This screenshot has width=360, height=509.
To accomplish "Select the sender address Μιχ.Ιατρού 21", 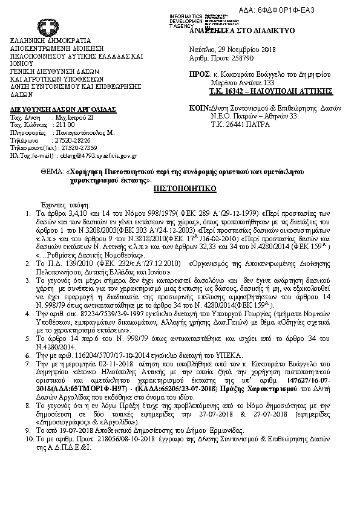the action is tap(74, 117).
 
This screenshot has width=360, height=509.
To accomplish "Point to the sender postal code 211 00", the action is tap(63, 123).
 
